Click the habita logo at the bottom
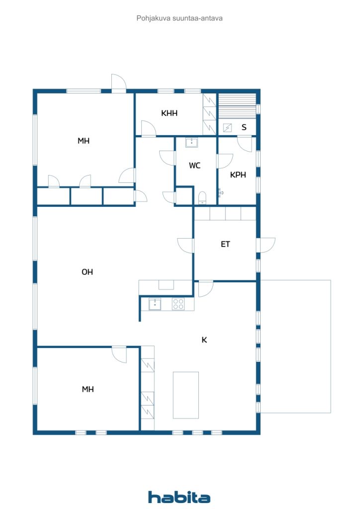tap(179, 497)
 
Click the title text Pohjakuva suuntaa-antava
tap(180, 18)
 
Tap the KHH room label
tap(169, 113)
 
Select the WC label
tap(194, 166)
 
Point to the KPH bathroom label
tap(238, 174)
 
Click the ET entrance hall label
tap(225, 244)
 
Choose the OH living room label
tap(87, 272)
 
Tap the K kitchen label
tap(204, 339)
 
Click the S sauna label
tap(244, 127)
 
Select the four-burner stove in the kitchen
tap(178, 304)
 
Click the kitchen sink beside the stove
tap(155, 304)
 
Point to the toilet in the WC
tap(202, 198)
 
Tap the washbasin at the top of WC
tap(191, 143)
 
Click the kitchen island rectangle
tap(185, 395)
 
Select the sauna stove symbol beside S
tap(227, 128)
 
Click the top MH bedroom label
tap(84, 141)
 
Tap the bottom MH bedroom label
tap(88, 389)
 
